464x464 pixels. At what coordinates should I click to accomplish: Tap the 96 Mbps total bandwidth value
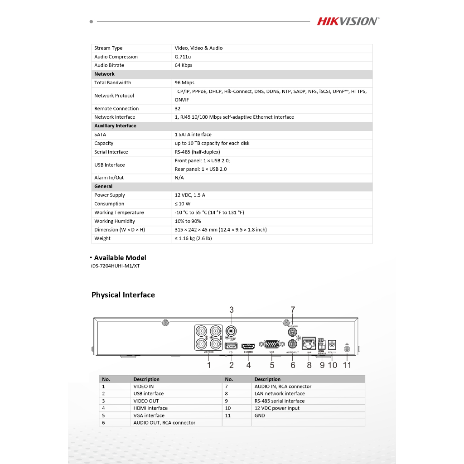184,82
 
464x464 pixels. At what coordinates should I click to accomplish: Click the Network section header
104,74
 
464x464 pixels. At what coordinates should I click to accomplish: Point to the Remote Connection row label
116,109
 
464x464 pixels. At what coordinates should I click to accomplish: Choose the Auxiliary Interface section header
115,126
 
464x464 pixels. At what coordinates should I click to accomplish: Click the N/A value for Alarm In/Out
179,178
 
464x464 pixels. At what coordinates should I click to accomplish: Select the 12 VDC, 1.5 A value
190,195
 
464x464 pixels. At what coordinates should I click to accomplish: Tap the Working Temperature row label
119,213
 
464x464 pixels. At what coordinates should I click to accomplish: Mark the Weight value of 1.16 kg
193,238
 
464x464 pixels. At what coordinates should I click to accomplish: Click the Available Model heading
120,258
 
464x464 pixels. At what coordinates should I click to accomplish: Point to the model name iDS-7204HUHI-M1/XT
115,266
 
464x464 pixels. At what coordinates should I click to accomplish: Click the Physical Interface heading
123,295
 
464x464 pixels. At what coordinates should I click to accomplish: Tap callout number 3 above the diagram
232,310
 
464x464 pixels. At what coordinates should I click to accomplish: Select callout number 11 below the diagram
347,365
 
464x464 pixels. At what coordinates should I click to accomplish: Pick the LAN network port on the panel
309,343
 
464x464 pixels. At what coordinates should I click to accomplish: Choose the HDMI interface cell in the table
150,408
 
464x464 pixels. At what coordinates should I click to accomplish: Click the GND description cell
260,416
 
